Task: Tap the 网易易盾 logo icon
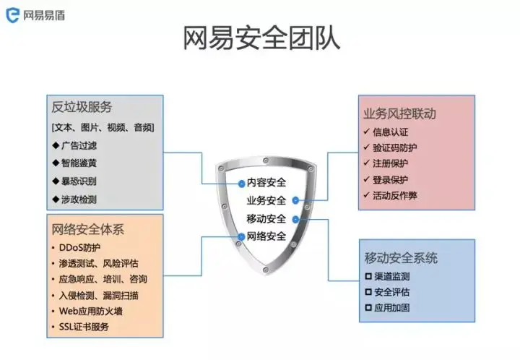coord(10,14)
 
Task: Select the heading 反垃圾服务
coord(82,108)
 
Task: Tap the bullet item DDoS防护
coord(81,247)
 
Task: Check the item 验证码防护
coord(394,147)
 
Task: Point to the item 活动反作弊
coord(394,195)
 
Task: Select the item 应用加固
coord(391,308)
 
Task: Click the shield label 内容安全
coord(266,182)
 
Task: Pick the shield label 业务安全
coord(266,200)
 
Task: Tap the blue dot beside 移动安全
coord(295,219)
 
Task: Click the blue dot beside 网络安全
coord(240,236)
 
